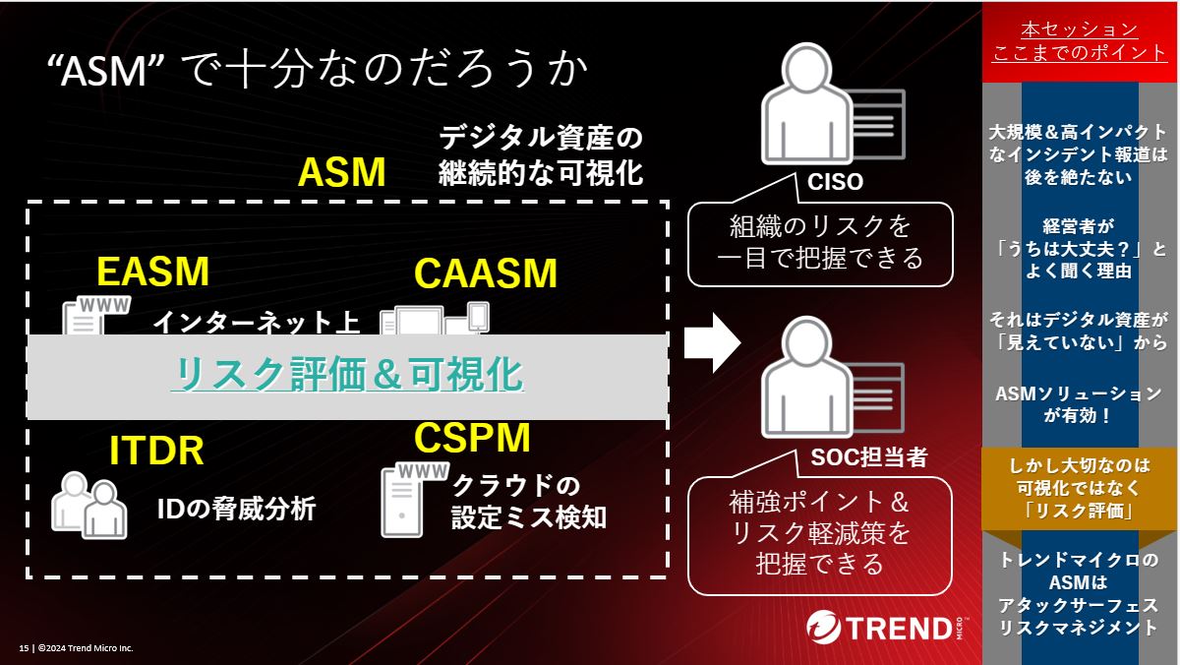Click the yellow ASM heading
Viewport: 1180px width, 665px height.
341,173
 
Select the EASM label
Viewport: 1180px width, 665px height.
153,272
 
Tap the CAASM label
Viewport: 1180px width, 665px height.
486,273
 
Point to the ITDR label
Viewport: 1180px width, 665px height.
156,451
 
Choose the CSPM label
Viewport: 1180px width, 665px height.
472,437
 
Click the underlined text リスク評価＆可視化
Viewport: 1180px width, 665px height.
346,375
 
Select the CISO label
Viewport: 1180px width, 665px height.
835,182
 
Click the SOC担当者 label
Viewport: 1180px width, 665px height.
868,457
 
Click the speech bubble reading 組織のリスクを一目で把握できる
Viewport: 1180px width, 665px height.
820,243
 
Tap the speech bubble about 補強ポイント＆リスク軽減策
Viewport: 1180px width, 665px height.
820,534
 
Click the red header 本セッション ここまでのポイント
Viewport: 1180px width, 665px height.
1080,41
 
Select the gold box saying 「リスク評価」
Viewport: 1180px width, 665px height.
1080,488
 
